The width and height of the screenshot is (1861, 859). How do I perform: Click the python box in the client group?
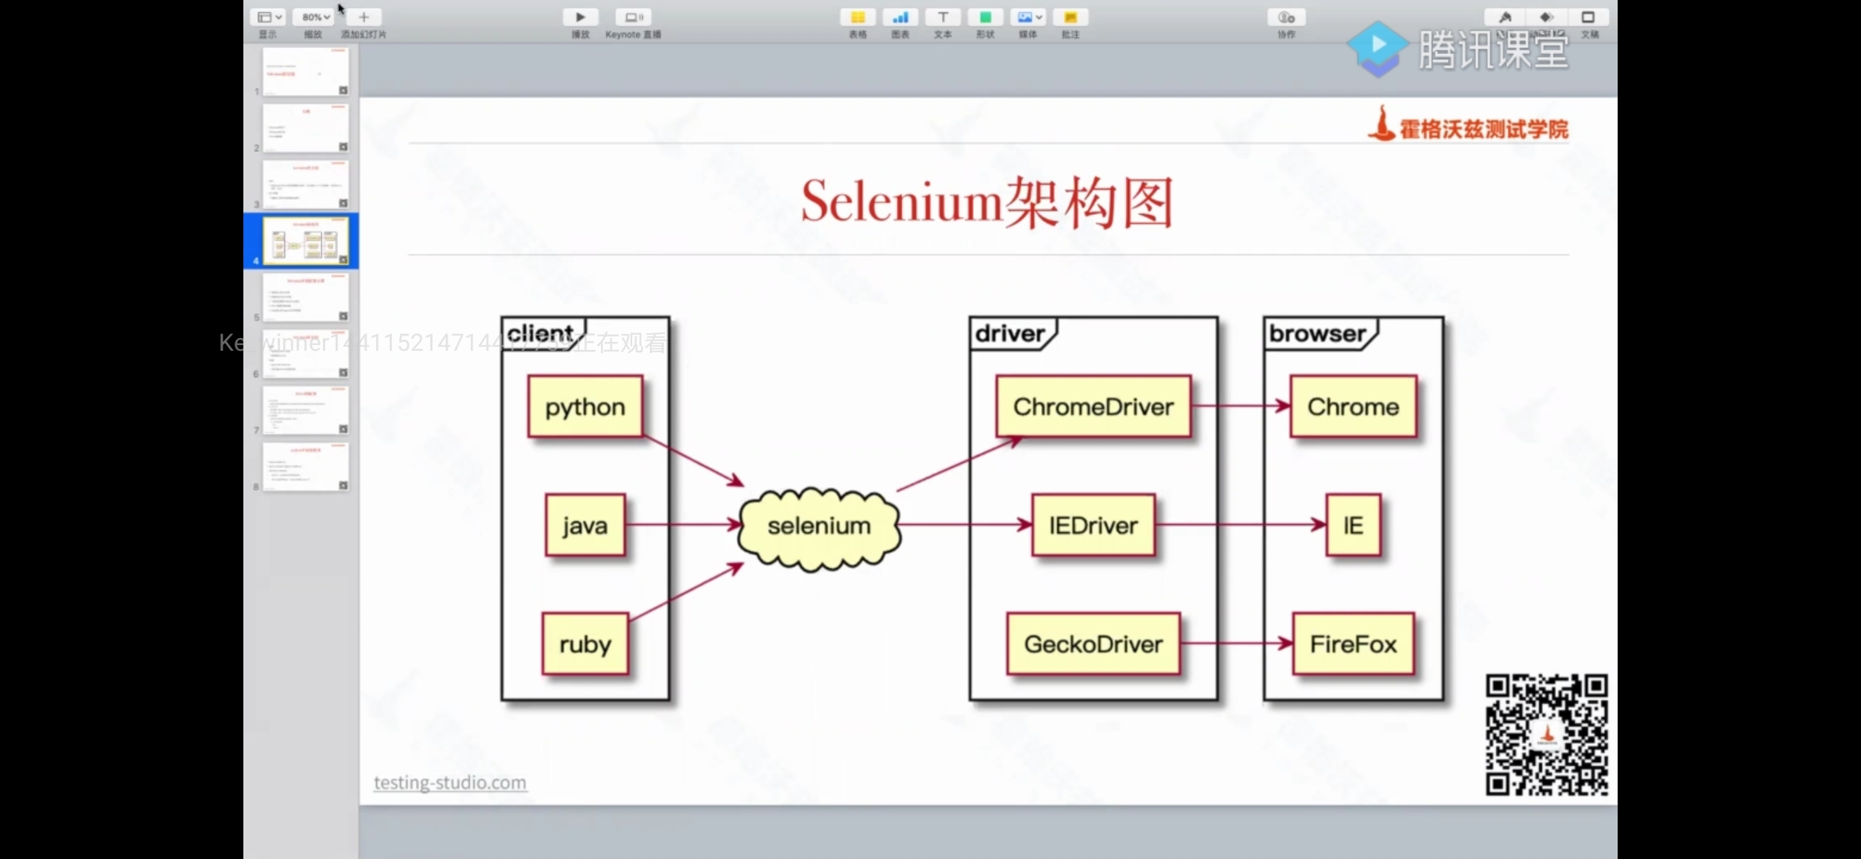(x=585, y=406)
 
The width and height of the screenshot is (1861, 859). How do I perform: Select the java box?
(x=585, y=525)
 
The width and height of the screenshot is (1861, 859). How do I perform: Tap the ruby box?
(x=585, y=643)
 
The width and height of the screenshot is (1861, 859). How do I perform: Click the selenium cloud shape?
(x=818, y=527)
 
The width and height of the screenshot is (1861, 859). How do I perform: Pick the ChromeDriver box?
(x=1093, y=406)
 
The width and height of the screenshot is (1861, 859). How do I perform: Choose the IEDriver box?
(x=1093, y=525)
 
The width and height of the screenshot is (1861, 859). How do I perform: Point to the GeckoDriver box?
(x=1093, y=643)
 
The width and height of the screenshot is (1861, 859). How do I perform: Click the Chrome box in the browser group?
(x=1353, y=406)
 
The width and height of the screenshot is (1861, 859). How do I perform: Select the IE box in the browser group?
(x=1353, y=525)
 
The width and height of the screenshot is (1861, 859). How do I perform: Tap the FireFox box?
(x=1353, y=643)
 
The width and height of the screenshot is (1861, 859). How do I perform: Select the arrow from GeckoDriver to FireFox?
(x=1236, y=643)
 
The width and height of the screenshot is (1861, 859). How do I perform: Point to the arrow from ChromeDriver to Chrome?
(x=1241, y=406)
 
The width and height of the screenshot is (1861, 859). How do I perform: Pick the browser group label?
(x=1317, y=333)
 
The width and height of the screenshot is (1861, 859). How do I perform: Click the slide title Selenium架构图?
(x=987, y=202)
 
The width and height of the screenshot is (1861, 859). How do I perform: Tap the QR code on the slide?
(x=1546, y=734)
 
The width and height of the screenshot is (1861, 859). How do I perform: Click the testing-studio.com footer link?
(x=450, y=783)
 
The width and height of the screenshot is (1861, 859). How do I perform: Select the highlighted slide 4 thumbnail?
(x=305, y=240)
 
